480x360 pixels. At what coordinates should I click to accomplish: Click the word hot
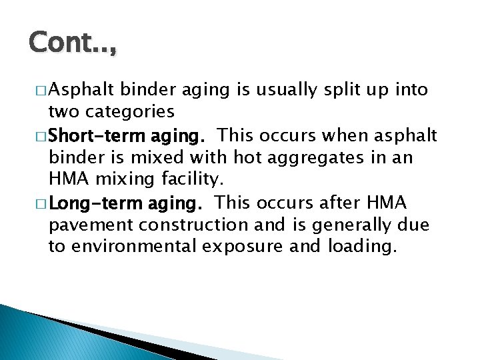point(221,157)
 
